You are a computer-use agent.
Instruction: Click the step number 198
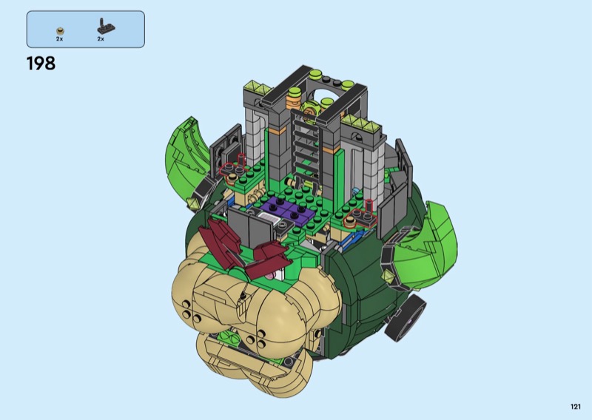click(x=41, y=64)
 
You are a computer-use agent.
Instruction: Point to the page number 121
click(x=576, y=407)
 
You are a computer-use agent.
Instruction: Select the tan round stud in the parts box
click(x=60, y=31)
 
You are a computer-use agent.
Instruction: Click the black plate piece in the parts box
click(x=106, y=26)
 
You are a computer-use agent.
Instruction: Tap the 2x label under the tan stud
click(x=59, y=39)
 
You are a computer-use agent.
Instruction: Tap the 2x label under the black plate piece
click(x=101, y=39)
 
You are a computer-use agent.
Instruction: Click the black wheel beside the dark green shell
click(x=406, y=318)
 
